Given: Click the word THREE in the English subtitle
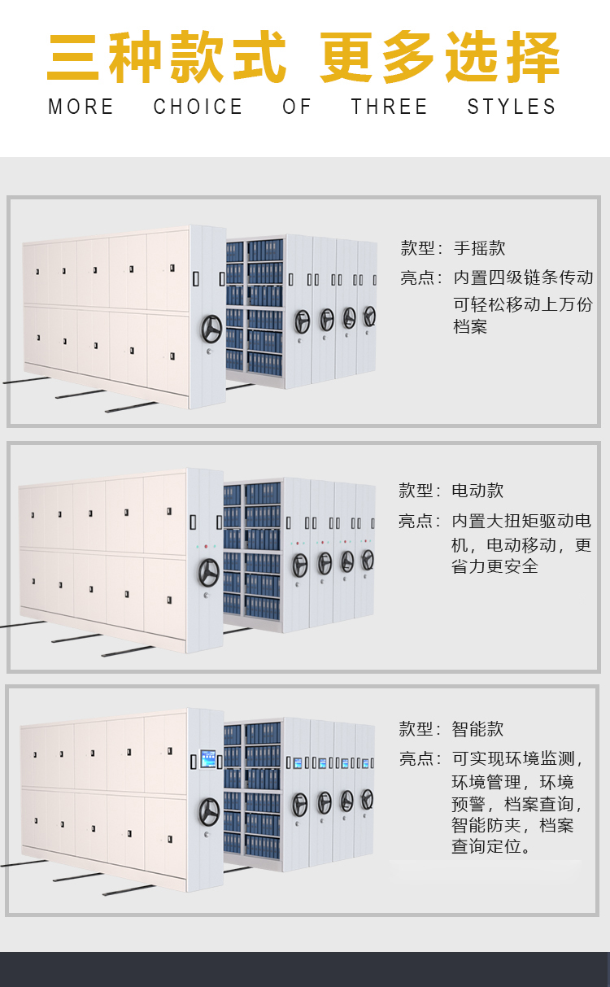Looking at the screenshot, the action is click(x=389, y=107).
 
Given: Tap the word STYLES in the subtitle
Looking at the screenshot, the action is click(x=512, y=107).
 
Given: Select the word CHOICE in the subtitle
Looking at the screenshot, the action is click(x=198, y=107).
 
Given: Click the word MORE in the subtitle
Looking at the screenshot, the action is click(x=81, y=107).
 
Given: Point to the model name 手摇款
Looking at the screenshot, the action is click(x=479, y=248).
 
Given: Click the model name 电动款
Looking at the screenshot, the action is click(x=477, y=491).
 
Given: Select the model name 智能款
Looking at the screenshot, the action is click(x=477, y=729).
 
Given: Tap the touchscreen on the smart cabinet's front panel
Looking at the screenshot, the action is click(x=208, y=758).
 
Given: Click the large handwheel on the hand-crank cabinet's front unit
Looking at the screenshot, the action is click(x=211, y=329).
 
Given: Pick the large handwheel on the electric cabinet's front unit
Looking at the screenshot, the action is click(x=209, y=572).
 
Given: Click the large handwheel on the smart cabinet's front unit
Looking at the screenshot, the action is click(x=209, y=812).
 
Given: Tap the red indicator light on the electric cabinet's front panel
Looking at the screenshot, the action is click(x=206, y=546).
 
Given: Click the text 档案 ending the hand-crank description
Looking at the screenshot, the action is click(x=470, y=326).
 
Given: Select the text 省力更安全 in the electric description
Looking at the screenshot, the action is click(x=495, y=566).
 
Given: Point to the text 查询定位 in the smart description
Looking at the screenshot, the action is click(x=486, y=846).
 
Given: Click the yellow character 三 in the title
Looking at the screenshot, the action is click(x=72, y=57).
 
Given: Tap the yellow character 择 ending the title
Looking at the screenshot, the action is click(x=533, y=57).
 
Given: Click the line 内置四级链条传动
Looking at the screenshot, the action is click(x=523, y=277).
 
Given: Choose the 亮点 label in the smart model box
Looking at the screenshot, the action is click(x=416, y=758).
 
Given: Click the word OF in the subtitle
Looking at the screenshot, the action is click(x=297, y=107).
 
